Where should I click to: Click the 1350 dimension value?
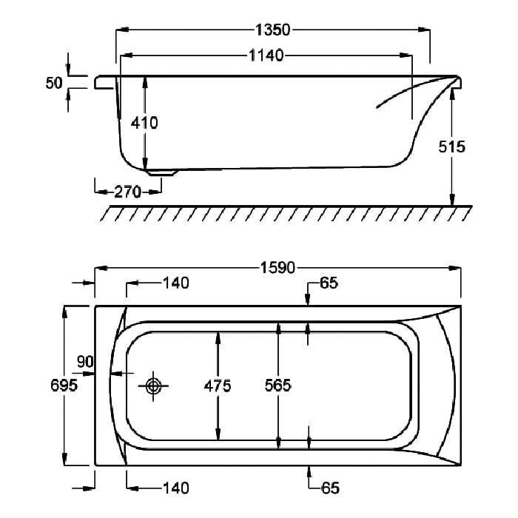pos(273,30)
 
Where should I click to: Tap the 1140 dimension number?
pos(266,55)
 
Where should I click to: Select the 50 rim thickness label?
pos(54,83)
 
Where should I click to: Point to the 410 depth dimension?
pos(144,123)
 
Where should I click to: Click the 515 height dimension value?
pos(451,147)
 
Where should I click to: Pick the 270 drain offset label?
pos(127,192)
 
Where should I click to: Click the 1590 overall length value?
pos(277,268)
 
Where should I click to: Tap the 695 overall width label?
pos(64,386)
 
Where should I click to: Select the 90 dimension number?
pos(85,362)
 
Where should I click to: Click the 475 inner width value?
pos(218,386)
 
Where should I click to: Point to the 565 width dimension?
pos(277,386)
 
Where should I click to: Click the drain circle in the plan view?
pos(153,386)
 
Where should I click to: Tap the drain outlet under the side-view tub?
pos(162,172)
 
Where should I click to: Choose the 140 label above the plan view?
pos(176,283)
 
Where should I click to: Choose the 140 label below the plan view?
pos(176,488)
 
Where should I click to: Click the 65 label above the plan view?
pos(329,283)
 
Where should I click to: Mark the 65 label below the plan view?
pos(330,488)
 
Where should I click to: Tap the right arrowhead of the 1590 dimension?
pos(454,268)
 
